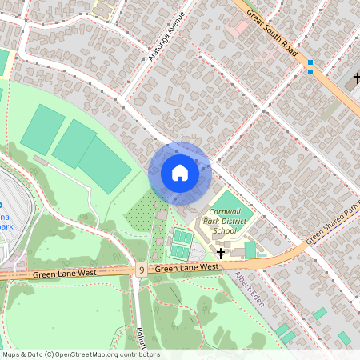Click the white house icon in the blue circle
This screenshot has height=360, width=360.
[180, 172]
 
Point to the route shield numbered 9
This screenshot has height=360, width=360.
[141, 270]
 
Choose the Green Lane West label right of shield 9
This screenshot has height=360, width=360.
[187, 268]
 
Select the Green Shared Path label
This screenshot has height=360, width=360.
[333, 224]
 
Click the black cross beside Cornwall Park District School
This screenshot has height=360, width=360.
[221, 253]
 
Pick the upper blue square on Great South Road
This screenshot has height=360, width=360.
[310, 62]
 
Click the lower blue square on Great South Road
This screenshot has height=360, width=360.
[310, 72]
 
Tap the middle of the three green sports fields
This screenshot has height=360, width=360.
[74, 143]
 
